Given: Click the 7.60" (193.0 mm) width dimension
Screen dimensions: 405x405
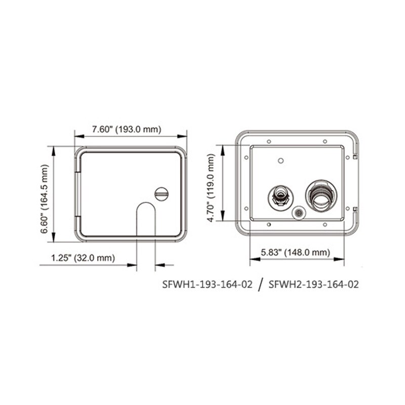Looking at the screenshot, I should click(x=127, y=130).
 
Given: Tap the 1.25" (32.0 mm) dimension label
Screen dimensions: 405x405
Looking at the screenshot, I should click(x=83, y=258).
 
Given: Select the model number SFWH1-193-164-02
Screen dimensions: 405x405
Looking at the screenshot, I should click(x=207, y=285).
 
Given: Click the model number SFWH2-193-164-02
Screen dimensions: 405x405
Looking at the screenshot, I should click(x=314, y=285).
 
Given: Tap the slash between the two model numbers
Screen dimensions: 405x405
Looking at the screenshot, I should click(x=261, y=285).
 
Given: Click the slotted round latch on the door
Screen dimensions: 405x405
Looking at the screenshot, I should click(x=161, y=193).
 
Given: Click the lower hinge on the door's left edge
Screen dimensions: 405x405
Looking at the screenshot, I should click(x=78, y=224).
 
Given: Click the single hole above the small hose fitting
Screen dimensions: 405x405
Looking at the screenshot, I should click(x=280, y=160).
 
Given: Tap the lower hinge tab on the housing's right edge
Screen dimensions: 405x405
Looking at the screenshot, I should click(x=356, y=209).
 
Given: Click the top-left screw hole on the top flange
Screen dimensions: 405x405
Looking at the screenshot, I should click(x=269, y=140).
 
